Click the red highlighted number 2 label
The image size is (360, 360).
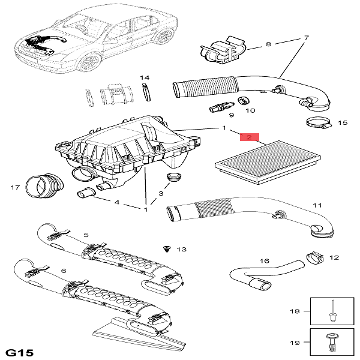click(248, 137)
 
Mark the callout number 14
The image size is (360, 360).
click(145, 78)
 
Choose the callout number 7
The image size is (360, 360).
click(306, 38)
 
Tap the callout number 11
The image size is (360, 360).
click(317, 206)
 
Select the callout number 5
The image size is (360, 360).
click(86, 235)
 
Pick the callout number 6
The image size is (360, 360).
click(64, 271)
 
